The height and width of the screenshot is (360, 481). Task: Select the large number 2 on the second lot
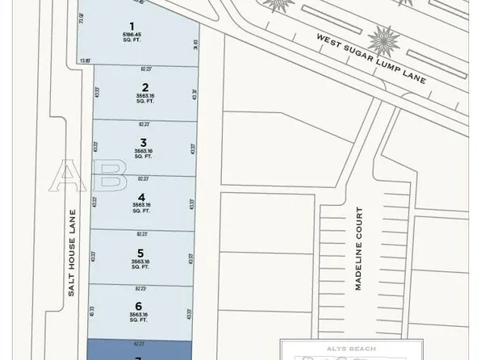(144, 88)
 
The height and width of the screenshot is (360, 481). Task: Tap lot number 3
(143, 143)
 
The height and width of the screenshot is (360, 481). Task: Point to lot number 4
(142, 197)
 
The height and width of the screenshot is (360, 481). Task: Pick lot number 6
(139, 306)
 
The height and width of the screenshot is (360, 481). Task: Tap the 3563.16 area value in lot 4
(142, 206)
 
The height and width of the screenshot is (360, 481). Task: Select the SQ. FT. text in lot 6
(139, 320)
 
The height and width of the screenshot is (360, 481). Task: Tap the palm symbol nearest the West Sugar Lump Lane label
(384, 38)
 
